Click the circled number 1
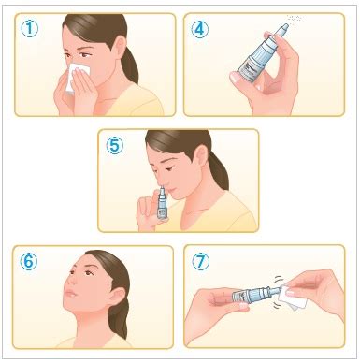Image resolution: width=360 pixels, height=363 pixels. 30,28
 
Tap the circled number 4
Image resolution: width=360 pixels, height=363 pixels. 199,29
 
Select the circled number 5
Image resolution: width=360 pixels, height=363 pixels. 114,145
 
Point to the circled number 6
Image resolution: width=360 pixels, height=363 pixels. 28,261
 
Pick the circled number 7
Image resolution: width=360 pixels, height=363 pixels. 200,261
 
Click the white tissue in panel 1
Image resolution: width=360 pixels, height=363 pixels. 78,77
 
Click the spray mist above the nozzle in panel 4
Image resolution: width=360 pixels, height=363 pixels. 294,19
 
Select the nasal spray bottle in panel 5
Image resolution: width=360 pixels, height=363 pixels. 163,203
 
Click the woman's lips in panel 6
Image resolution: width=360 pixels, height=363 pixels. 70,293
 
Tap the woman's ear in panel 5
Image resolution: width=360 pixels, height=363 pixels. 202,155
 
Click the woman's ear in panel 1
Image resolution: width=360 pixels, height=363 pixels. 119,46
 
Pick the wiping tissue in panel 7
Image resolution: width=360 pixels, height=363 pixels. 293,297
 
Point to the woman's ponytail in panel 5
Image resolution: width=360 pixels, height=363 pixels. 219,171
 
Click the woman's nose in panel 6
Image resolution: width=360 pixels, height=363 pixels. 69,280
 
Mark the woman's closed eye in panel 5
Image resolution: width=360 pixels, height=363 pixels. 170,168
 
